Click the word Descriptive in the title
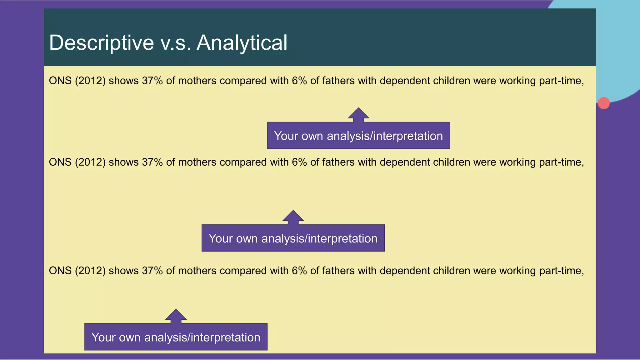click(x=102, y=43)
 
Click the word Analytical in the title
click(x=242, y=43)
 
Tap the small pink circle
click(x=603, y=103)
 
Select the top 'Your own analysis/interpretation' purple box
click(x=358, y=136)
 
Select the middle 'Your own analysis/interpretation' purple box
click(x=293, y=238)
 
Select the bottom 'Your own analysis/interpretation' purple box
click(x=176, y=337)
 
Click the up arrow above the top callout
click(x=358, y=114)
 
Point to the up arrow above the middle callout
click(x=293, y=217)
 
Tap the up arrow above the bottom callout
click(x=176, y=315)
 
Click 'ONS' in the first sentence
click(x=60, y=81)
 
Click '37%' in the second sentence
click(x=152, y=162)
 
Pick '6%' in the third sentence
click(x=299, y=271)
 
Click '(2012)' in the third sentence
click(x=90, y=271)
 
